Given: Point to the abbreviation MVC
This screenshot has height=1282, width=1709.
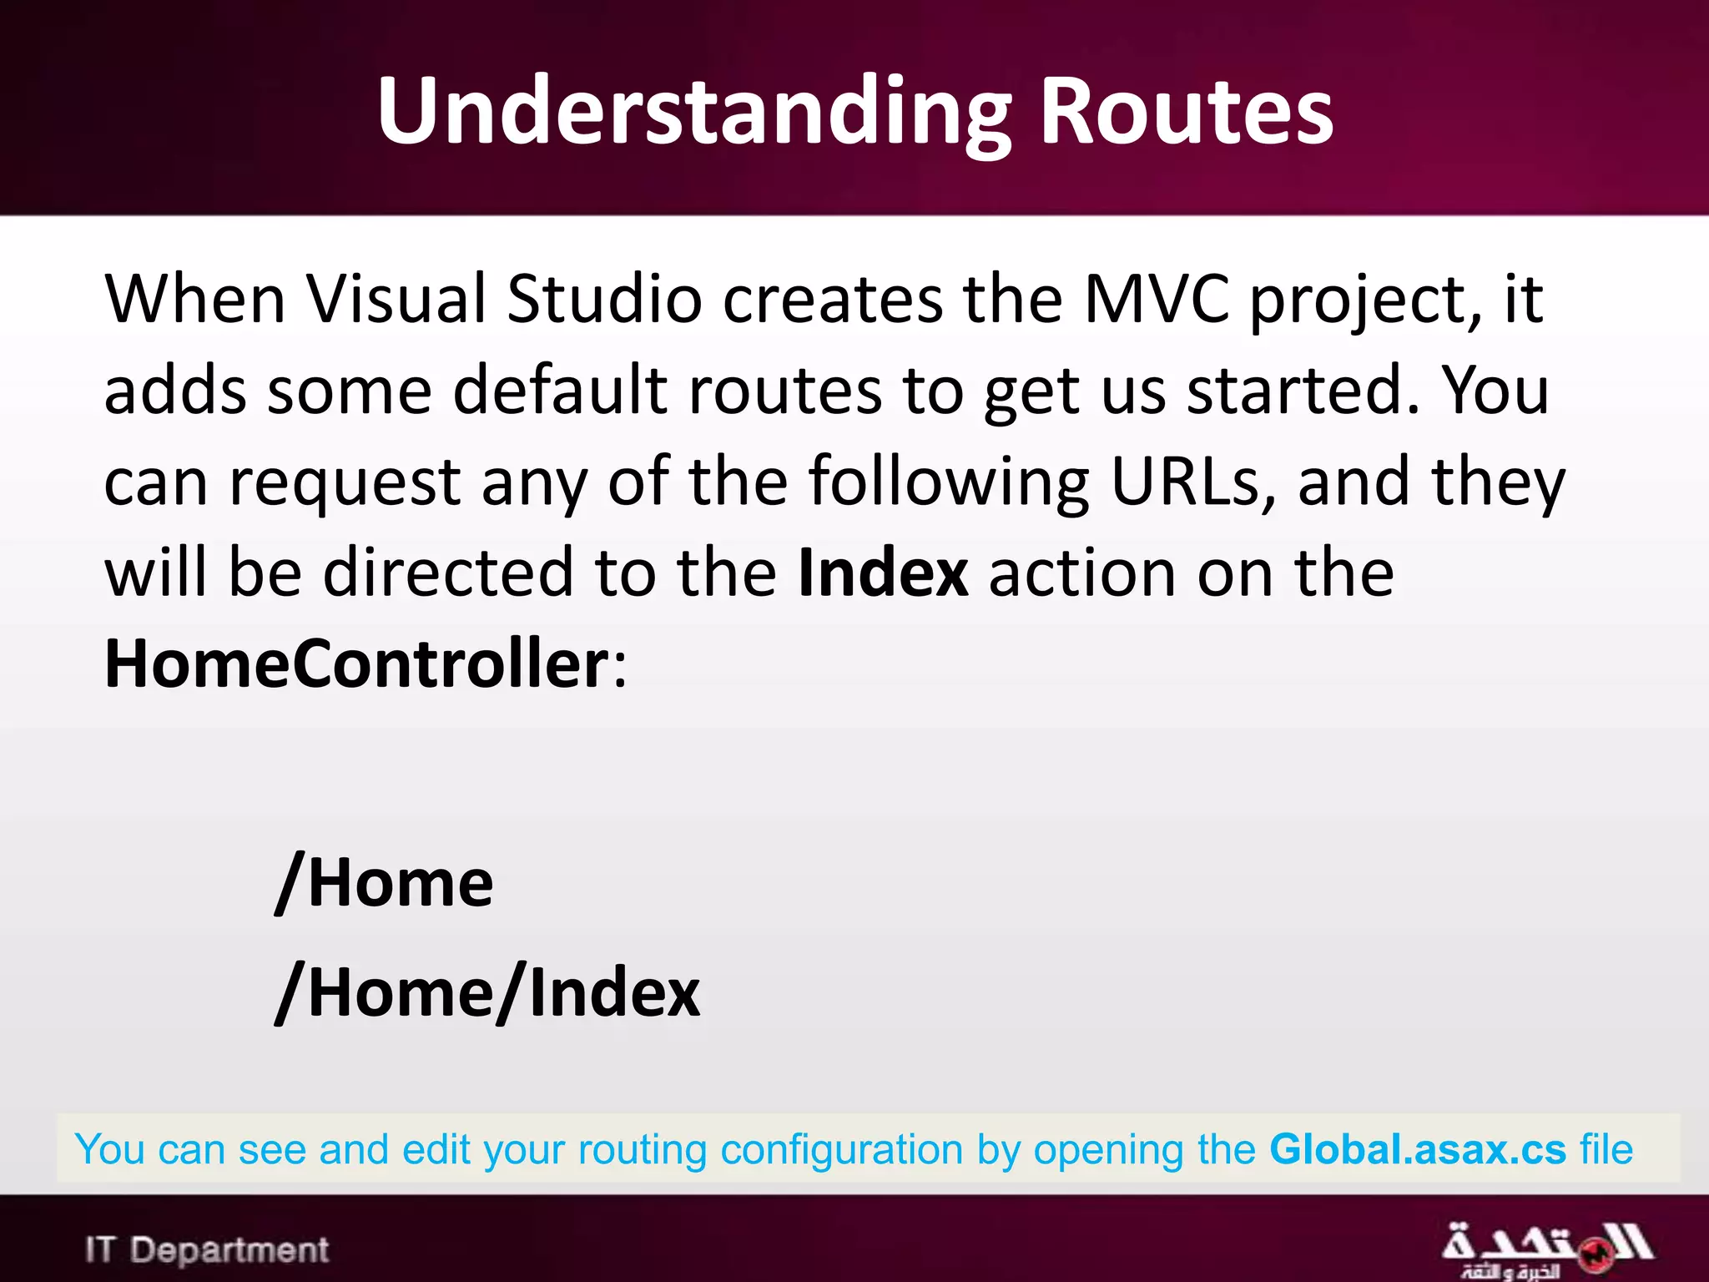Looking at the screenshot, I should coord(1156,299).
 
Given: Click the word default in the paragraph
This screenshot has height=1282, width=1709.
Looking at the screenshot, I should coord(560,391).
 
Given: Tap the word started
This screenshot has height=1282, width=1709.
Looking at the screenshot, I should coord(1303,391).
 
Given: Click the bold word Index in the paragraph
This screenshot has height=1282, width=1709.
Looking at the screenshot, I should coord(883,573).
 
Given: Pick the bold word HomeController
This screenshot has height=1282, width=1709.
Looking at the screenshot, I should coord(357,664).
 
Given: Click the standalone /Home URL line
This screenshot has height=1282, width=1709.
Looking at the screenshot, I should coord(385,884).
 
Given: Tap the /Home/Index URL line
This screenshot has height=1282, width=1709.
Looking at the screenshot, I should coord(488,992).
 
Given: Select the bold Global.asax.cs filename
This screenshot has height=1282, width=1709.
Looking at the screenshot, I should coord(1418,1149).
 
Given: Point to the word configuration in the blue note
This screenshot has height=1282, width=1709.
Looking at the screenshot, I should coord(841,1149).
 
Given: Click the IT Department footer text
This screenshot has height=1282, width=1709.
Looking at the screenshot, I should coord(207,1249).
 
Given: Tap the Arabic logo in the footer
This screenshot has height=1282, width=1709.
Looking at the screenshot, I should coord(1545,1249).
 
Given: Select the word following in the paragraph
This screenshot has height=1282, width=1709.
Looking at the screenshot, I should coord(949,482).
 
